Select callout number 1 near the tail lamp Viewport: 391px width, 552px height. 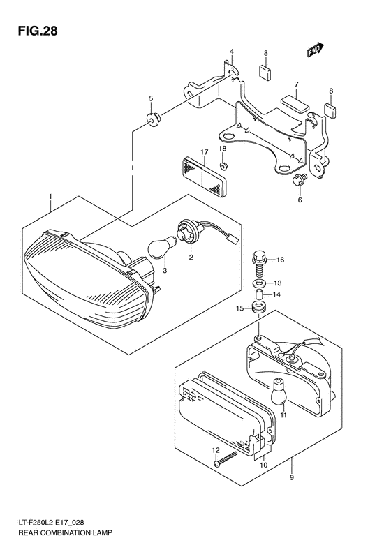coord(50,197)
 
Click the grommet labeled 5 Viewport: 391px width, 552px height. coord(152,118)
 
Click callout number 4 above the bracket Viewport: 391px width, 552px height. coord(232,52)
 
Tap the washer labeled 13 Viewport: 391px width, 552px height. coord(260,283)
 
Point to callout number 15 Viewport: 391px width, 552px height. coord(239,308)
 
